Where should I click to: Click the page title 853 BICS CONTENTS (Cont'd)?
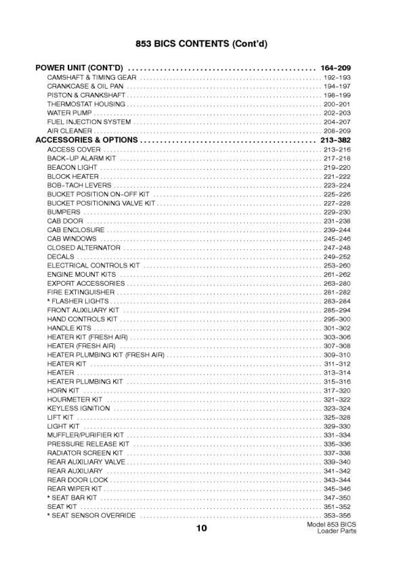tap(201, 44)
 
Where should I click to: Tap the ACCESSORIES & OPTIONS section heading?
tap(87, 140)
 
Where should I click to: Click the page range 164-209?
tap(335, 69)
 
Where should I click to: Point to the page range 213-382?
tap(335, 140)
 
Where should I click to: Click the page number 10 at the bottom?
tap(202, 529)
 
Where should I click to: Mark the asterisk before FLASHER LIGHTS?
tap(49, 301)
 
